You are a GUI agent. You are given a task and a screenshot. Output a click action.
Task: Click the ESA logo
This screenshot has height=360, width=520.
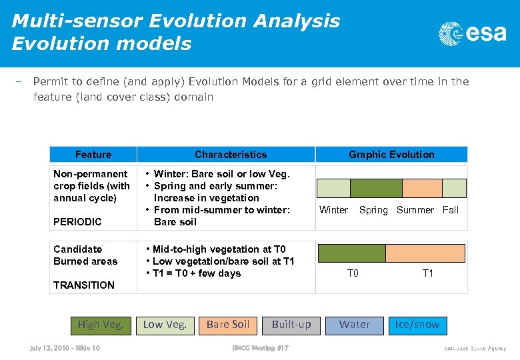click(x=472, y=33)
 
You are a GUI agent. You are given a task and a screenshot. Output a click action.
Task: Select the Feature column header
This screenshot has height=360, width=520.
click(x=93, y=155)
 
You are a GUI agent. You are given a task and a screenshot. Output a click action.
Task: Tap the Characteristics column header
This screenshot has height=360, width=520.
click(x=231, y=155)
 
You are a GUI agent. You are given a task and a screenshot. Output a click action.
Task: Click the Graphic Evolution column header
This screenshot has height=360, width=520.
click(x=391, y=155)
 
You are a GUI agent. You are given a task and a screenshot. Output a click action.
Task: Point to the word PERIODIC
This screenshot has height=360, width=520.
click(x=78, y=222)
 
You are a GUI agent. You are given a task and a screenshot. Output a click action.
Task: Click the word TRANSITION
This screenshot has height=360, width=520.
click(x=84, y=285)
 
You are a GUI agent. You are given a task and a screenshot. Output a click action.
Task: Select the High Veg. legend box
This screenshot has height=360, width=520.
click(x=101, y=325)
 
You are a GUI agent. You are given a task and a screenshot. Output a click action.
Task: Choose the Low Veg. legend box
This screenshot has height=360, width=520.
click(x=165, y=325)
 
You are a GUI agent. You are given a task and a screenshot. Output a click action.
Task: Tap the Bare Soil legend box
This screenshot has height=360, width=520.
click(x=227, y=325)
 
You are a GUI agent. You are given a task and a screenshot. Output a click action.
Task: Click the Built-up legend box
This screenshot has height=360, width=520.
click(x=291, y=325)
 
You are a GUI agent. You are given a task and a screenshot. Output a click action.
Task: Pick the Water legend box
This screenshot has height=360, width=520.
click(x=354, y=325)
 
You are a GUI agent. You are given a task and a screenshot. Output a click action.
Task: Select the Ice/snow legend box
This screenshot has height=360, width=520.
click(x=417, y=325)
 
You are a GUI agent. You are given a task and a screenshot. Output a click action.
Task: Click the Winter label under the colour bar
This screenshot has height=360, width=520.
click(x=333, y=210)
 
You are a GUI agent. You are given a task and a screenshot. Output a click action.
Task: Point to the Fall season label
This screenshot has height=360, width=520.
click(x=451, y=210)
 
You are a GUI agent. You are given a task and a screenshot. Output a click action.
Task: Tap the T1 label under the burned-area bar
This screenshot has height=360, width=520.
click(x=428, y=273)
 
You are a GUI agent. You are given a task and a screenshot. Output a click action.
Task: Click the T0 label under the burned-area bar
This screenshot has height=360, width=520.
click(x=353, y=273)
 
